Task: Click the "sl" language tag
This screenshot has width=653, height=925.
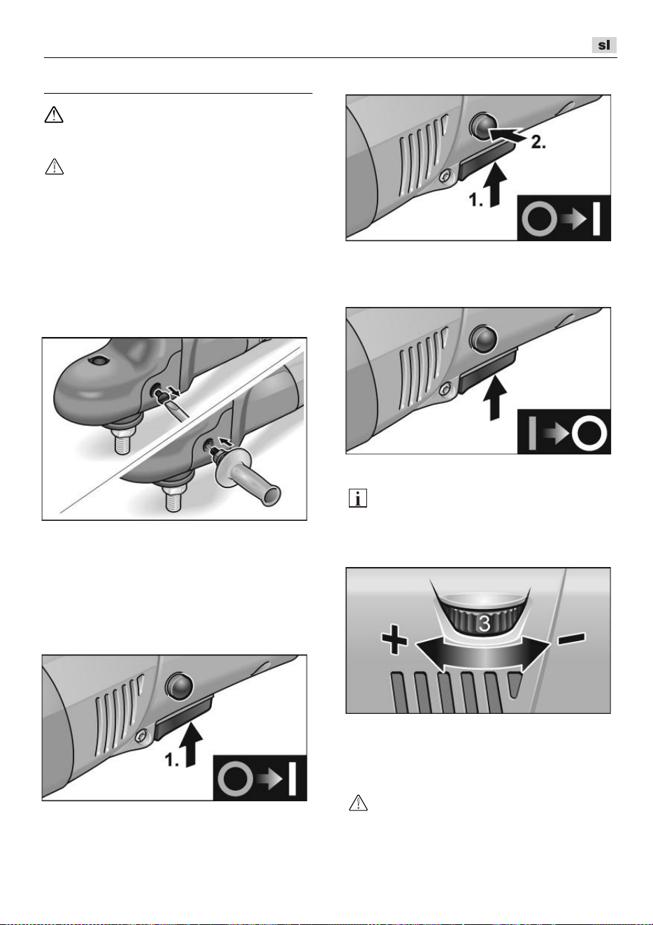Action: pyautogui.click(x=604, y=45)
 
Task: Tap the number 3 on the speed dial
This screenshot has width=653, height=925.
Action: pyautogui.click(x=485, y=624)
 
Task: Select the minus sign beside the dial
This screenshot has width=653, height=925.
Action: pyautogui.click(x=572, y=638)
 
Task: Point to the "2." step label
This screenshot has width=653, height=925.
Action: pyautogui.click(x=538, y=143)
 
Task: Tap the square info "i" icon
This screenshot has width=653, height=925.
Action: pyautogui.click(x=358, y=498)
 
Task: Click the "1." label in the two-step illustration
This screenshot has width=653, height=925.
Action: pyautogui.click(x=475, y=201)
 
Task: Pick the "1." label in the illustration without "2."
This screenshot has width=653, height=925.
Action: pyautogui.click(x=172, y=759)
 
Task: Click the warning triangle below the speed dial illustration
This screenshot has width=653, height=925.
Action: pyautogui.click(x=359, y=803)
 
